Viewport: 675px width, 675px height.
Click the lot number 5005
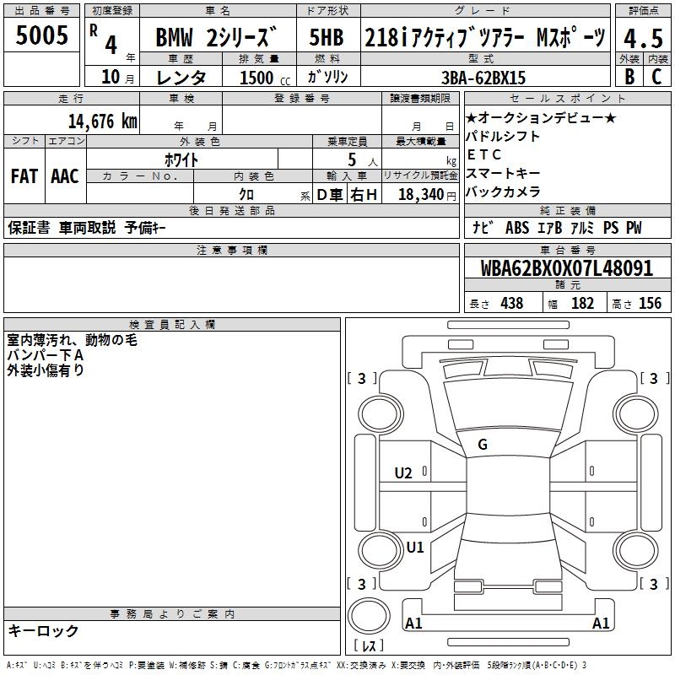click(41, 35)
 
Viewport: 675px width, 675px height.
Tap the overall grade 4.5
click(643, 38)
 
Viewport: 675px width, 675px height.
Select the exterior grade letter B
click(629, 77)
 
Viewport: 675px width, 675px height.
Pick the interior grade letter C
click(656, 77)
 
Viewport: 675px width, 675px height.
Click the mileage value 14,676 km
click(103, 121)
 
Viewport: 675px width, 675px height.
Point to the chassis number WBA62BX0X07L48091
click(566, 268)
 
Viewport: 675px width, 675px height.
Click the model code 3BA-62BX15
click(483, 78)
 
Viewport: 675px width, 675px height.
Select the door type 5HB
click(327, 37)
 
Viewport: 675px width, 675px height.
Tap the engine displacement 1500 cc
click(265, 78)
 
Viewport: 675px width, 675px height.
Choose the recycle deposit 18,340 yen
click(427, 195)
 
